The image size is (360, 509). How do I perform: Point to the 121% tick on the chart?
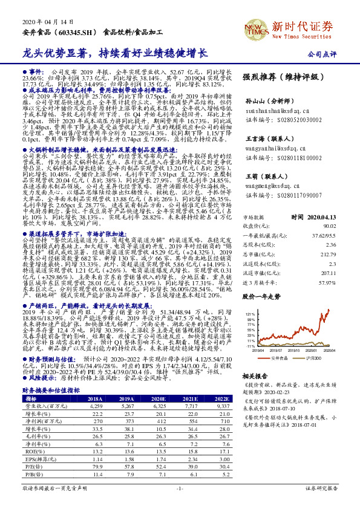tap(250, 314)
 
